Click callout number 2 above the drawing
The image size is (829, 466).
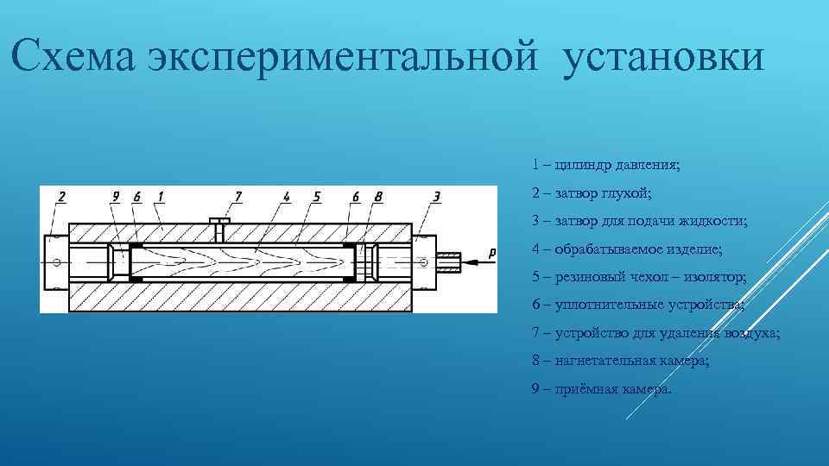(x=61, y=197)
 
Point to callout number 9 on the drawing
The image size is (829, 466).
(x=116, y=197)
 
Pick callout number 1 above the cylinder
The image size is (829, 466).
(x=161, y=197)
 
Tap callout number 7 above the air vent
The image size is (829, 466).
(x=238, y=197)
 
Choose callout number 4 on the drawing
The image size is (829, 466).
(x=287, y=197)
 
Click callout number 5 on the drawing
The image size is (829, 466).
(x=317, y=197)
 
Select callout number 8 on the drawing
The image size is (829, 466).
(x=378, y=197)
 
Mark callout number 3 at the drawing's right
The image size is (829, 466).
(x=437, y=197)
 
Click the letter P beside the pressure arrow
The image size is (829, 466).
(x=491, y=252)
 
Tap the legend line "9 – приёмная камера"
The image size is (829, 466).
(x=601, y=389)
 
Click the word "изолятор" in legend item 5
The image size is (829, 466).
(x=716, y=277)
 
